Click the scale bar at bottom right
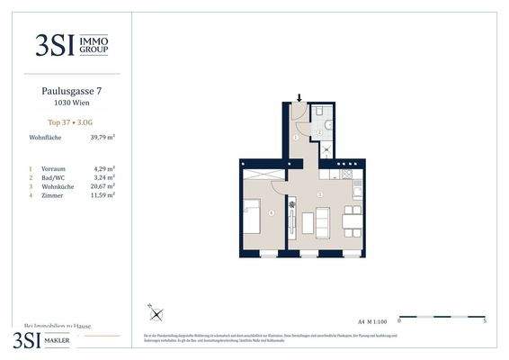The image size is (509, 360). click(x=442, y=317)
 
